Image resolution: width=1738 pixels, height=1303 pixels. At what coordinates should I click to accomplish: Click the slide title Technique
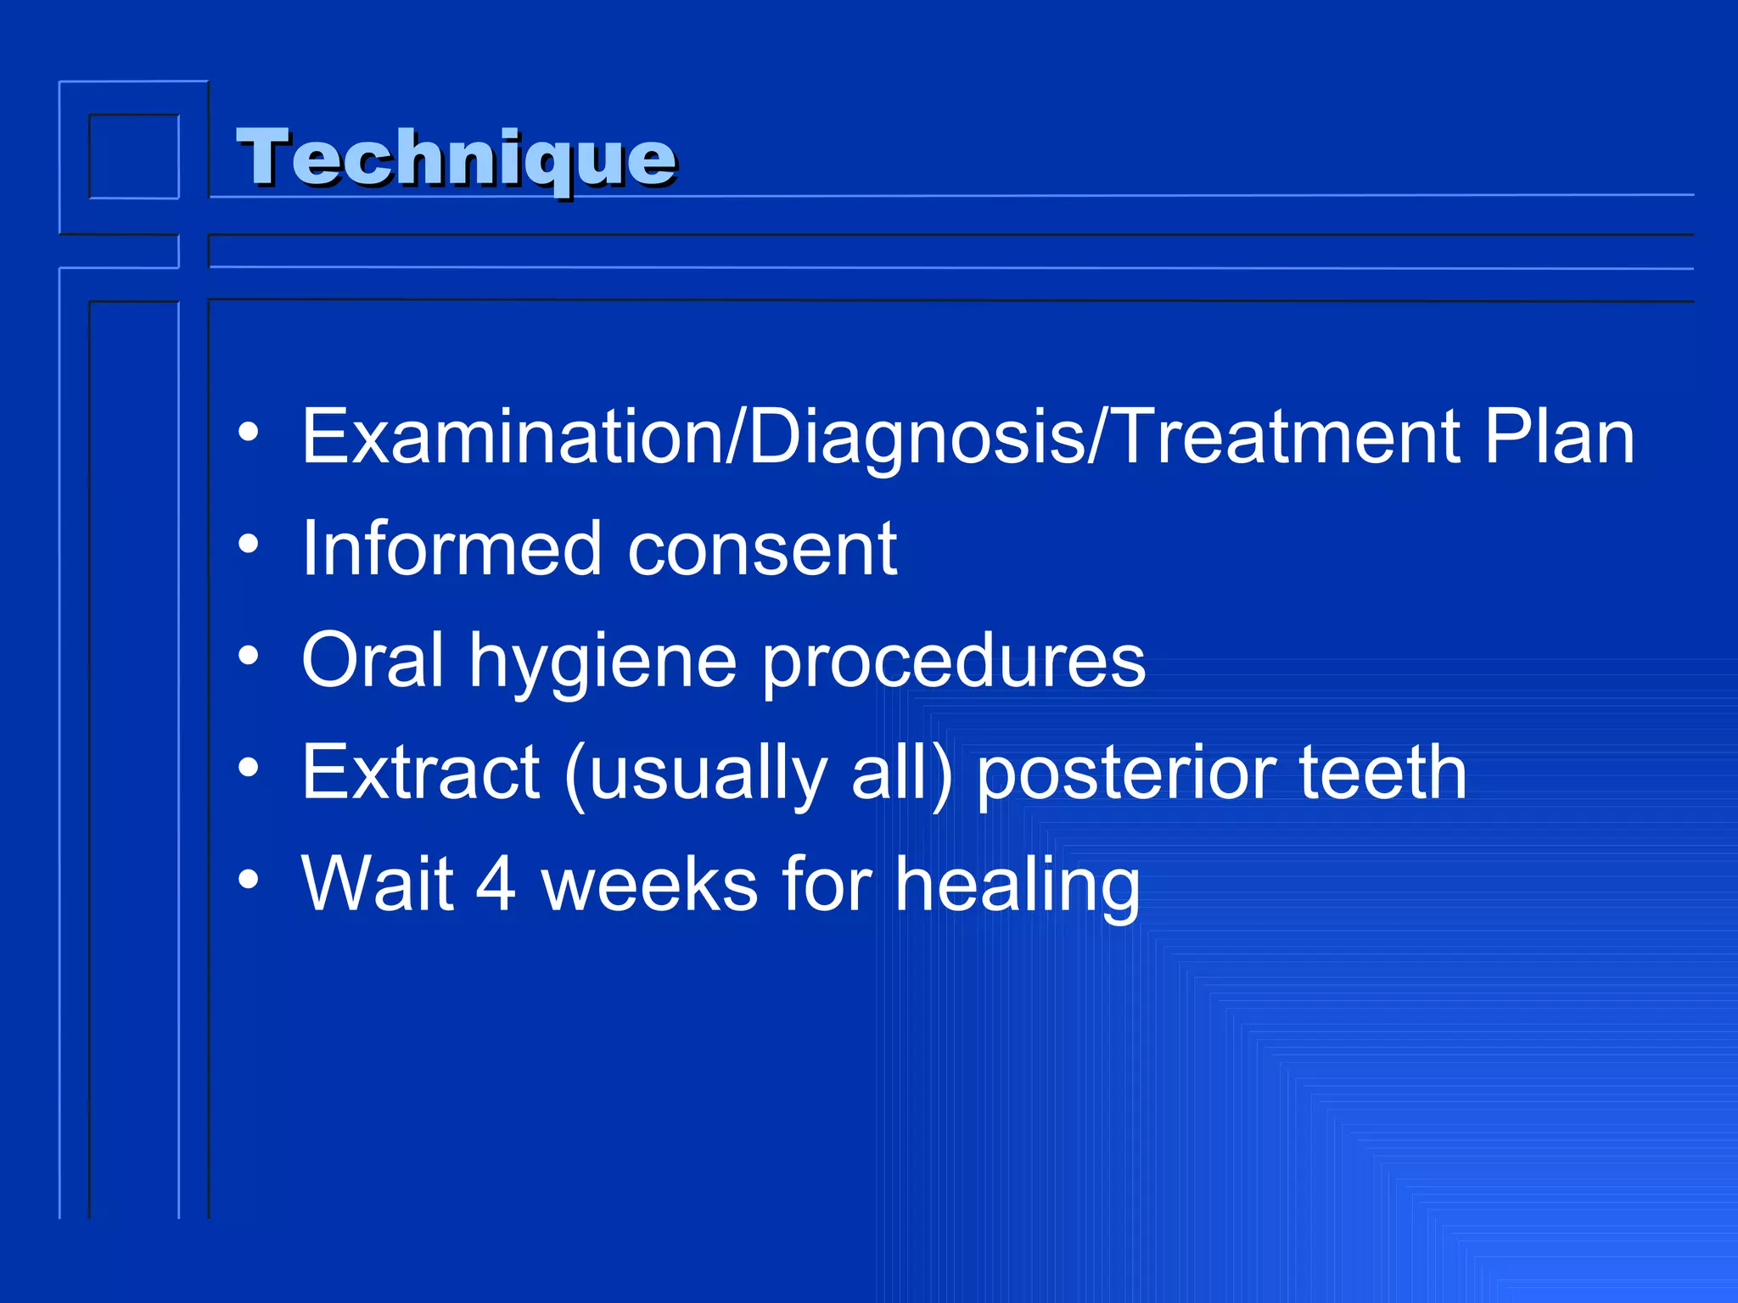(x=456, y=158)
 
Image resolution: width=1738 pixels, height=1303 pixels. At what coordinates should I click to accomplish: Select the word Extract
(x=421, y=772)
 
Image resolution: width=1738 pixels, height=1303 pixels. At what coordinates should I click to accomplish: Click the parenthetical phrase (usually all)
(x=758, y=774)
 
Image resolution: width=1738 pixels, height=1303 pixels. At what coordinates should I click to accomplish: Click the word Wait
(x=378, y=884)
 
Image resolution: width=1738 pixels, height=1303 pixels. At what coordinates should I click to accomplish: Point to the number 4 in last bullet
(x=496, y=885)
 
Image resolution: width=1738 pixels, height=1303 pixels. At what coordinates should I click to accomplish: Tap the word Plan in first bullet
(x=1559, y=437)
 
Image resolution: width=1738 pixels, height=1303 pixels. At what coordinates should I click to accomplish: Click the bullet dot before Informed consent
(x=248, y=544)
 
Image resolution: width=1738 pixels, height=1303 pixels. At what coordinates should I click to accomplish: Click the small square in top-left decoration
(x=134, y=156)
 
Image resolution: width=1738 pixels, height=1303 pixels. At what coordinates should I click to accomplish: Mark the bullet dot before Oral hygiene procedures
(x=248, y=656)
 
